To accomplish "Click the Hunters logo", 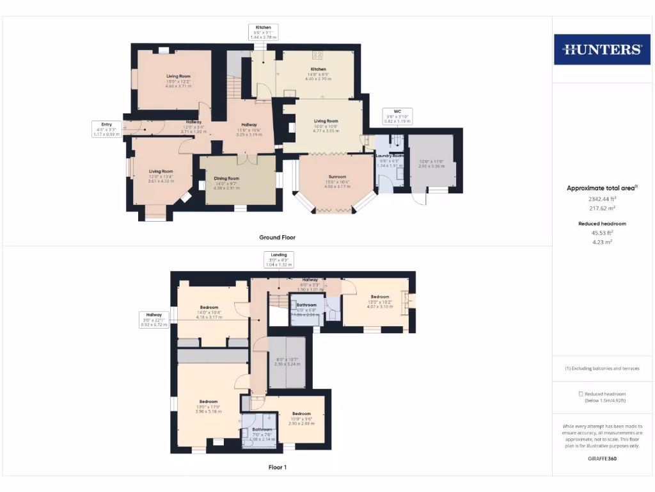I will click(601, 49).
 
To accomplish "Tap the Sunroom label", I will click(337, 177).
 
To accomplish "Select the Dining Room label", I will click(226, 179).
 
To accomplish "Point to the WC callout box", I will click(397, 116).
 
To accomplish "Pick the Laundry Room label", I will click(390, 156).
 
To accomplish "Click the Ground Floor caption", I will click(277, 237).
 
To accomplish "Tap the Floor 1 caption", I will click(277, 467).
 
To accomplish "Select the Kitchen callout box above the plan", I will click(263, 33).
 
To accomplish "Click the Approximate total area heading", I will click(601, 188).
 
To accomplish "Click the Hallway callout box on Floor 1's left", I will click(154, 319).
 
